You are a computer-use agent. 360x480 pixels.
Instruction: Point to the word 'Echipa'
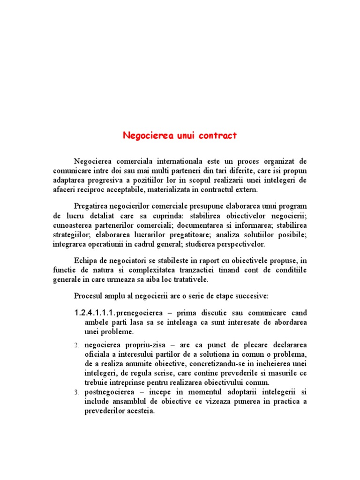[85, 260]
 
